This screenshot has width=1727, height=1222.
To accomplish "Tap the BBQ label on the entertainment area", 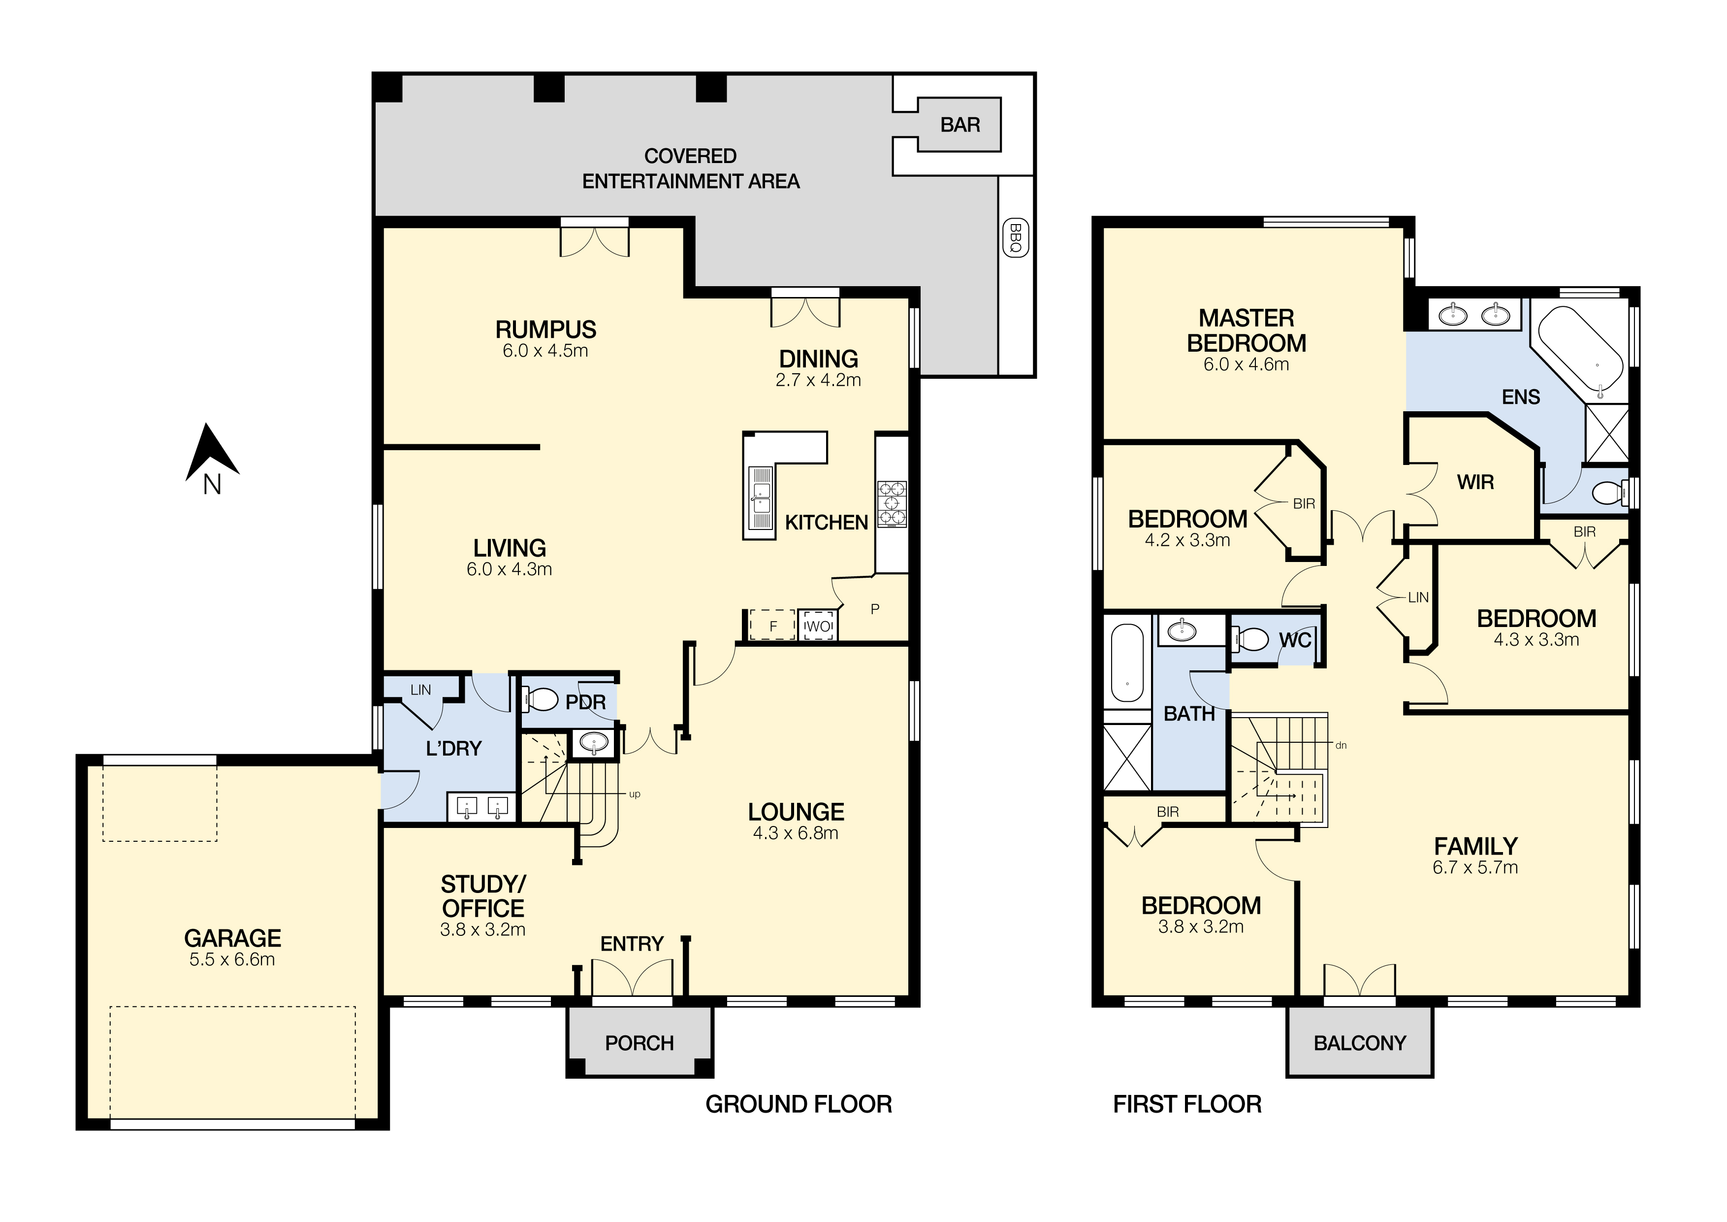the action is (x=1016, y=238).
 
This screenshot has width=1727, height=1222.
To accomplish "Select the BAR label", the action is (x=960, y=125).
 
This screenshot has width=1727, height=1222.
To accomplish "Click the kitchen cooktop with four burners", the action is (x=892, y=503).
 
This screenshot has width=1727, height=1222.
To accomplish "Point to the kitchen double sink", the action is (x=760, y=499).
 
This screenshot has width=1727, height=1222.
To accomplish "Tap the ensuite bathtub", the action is (x=1581, y=351).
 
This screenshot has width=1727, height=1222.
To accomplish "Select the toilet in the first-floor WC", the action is (x=1249, y=640).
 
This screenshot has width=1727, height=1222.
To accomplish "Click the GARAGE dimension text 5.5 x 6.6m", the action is (x=232, y=960).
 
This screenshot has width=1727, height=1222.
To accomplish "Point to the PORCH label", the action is (x=640, y=1043).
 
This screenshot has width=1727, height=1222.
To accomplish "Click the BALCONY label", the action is (x=1359, y=1043).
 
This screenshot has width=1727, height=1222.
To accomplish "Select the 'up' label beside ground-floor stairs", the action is (x=635, y=794).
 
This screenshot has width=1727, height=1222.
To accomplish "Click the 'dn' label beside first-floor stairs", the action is (x=1341, y=746).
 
